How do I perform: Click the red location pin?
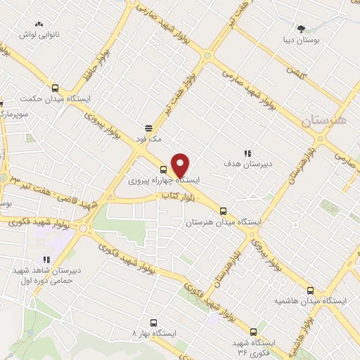pos(181,166)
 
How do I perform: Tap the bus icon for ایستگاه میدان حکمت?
pos(56,89)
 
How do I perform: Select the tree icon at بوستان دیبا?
pos(302,29)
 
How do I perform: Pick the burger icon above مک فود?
pos(149,128)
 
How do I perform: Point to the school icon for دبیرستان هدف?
pos(247,153)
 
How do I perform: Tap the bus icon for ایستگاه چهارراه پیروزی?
pos(163,169)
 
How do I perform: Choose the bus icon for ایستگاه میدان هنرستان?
pos(224,210)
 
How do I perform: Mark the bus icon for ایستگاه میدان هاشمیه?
pos(310,289)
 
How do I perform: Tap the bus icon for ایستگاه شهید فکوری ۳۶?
pos(253,332)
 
